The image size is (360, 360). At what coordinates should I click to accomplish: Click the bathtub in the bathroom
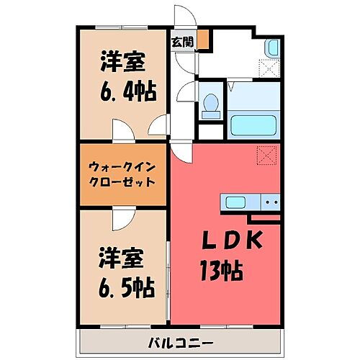tap(254, 123)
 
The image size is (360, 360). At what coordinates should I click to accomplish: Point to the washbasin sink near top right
tap(272, 49)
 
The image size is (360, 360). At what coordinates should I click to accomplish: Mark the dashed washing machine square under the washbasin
tap(270, 68)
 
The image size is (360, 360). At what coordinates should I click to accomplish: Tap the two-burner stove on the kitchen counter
tap(270, 202)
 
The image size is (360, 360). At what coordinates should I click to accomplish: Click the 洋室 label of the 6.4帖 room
tap(122, 62)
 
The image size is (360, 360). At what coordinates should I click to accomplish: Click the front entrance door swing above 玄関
tap(184, 18)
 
